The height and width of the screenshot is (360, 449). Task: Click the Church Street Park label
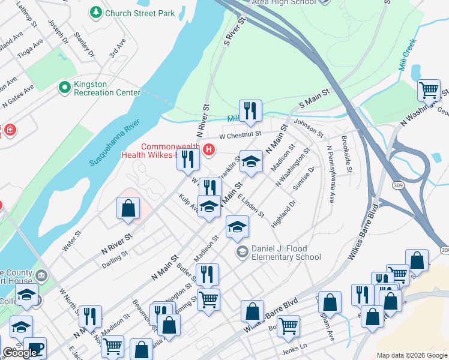pyautogui.click(x=140, y=13)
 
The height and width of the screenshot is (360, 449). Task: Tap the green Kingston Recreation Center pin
pyautogui.click(x=64, y=88)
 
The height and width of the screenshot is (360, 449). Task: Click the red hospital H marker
pyautogui.click(x=209, y=149)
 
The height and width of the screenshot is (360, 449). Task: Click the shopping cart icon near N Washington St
pyautogui.click(x=429, y=91)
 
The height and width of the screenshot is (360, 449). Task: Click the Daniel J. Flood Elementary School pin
pyautogui.click(x=243, y=251)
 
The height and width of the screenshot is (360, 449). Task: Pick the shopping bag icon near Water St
pyautogui.click(x=128, y=209)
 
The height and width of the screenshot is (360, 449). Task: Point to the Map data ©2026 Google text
pyautogui.click(x=412, y=355)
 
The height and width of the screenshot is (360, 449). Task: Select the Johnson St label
pyautogui.click(x=309, y=126)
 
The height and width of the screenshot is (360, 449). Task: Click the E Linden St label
pyautogui.click(x=251, y=206)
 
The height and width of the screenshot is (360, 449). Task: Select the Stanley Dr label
pyautogui.click(x=84, y=46)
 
